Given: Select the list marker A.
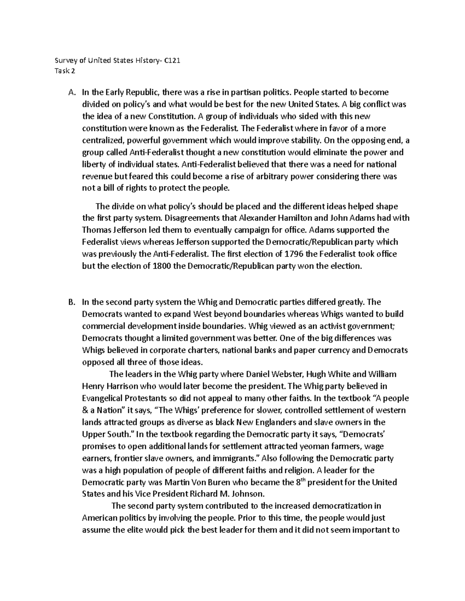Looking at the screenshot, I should [71, 92].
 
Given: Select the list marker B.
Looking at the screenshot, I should [71, 302].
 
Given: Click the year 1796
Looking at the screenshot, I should [296, 254].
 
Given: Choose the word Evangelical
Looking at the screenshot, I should [102, 398].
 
